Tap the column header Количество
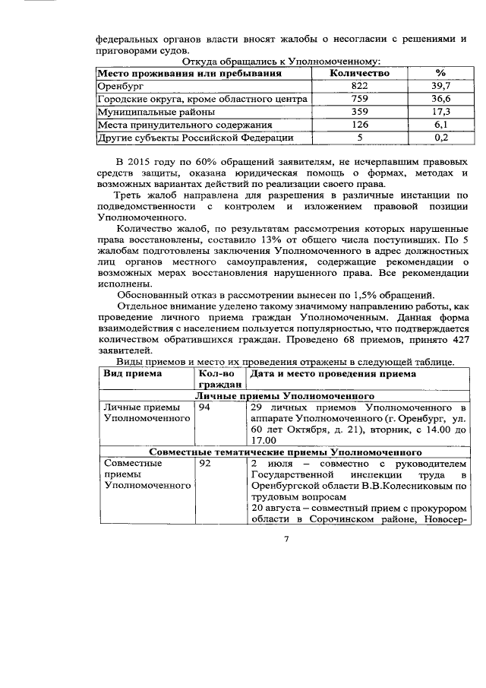(x=360, y=73)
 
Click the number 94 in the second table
(x=204, y=407)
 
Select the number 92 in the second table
(x=204, y=462)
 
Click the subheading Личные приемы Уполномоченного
(x=286, y=396)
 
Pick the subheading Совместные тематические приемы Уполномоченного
(x=286, y=451)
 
